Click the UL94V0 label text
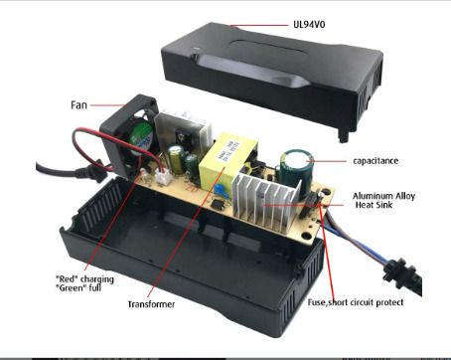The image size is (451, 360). point(309,25)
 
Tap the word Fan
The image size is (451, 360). point(78,105)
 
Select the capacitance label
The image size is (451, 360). point(376,161)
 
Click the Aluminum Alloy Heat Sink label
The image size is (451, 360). point(383,200)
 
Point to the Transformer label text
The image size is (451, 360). point(151,304)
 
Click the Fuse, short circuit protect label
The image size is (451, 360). point(356,302)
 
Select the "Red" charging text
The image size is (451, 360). point(84,278)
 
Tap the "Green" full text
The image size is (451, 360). point(78,287)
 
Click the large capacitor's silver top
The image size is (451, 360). point(296,157)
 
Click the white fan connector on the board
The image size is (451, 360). point(161,177)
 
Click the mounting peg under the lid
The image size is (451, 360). point(344,135)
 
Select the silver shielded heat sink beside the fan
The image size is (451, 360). point(182,132)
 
